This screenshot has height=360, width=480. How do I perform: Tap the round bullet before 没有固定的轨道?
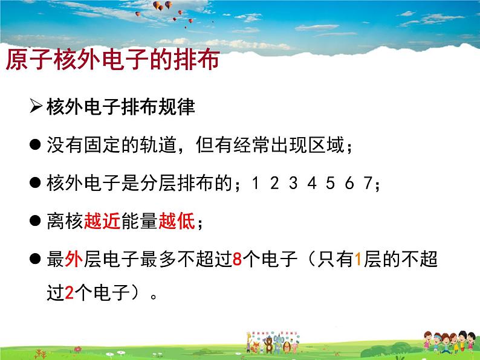pyautogui.click(x=36, y=146)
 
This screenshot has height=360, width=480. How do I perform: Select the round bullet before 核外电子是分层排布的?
pyautogui.click(x=36, y=184)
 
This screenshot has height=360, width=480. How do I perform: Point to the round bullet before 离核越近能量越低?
pyautogui.click(x=36, y=222)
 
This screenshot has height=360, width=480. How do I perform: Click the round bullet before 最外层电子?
pyautogui.click(x=36, y=260)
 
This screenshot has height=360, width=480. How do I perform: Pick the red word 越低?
pyautogui.click(x=177, y=222)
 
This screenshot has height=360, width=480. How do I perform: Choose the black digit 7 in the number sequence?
pyautogui.click(x=367, y=184)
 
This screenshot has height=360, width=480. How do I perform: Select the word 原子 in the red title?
pyautogui.click(x=28, y=60)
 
